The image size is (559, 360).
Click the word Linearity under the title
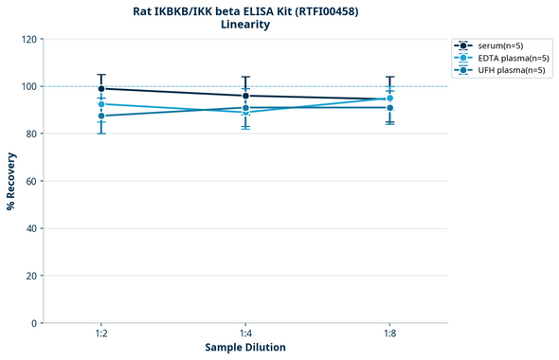tap(244, 25)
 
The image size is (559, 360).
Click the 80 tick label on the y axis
tap(30, 134)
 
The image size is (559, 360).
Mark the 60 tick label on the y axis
tap(30, 181)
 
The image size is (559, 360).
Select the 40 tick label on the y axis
tap(30, 228)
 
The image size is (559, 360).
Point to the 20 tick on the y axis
tap(30, 276)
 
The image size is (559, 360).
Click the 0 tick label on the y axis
tap(33, 323)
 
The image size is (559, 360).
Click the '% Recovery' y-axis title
tap(11, 181)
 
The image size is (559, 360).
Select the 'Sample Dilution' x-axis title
tap(245, 348)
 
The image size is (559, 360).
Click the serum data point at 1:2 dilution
tap(101, 89)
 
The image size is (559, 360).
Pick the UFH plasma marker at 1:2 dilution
tap(101, 116)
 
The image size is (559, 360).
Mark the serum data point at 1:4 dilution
tap(245, 96)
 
